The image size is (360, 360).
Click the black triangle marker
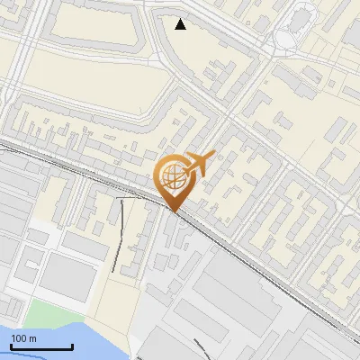point(181,24)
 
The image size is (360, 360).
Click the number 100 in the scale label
point(20,338)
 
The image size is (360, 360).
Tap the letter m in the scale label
point(33,338)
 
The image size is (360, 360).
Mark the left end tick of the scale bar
point(10,346)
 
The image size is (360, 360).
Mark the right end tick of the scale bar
point(72,346)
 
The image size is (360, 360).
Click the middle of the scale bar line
point(40,347)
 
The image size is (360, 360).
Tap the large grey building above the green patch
point(67,274)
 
